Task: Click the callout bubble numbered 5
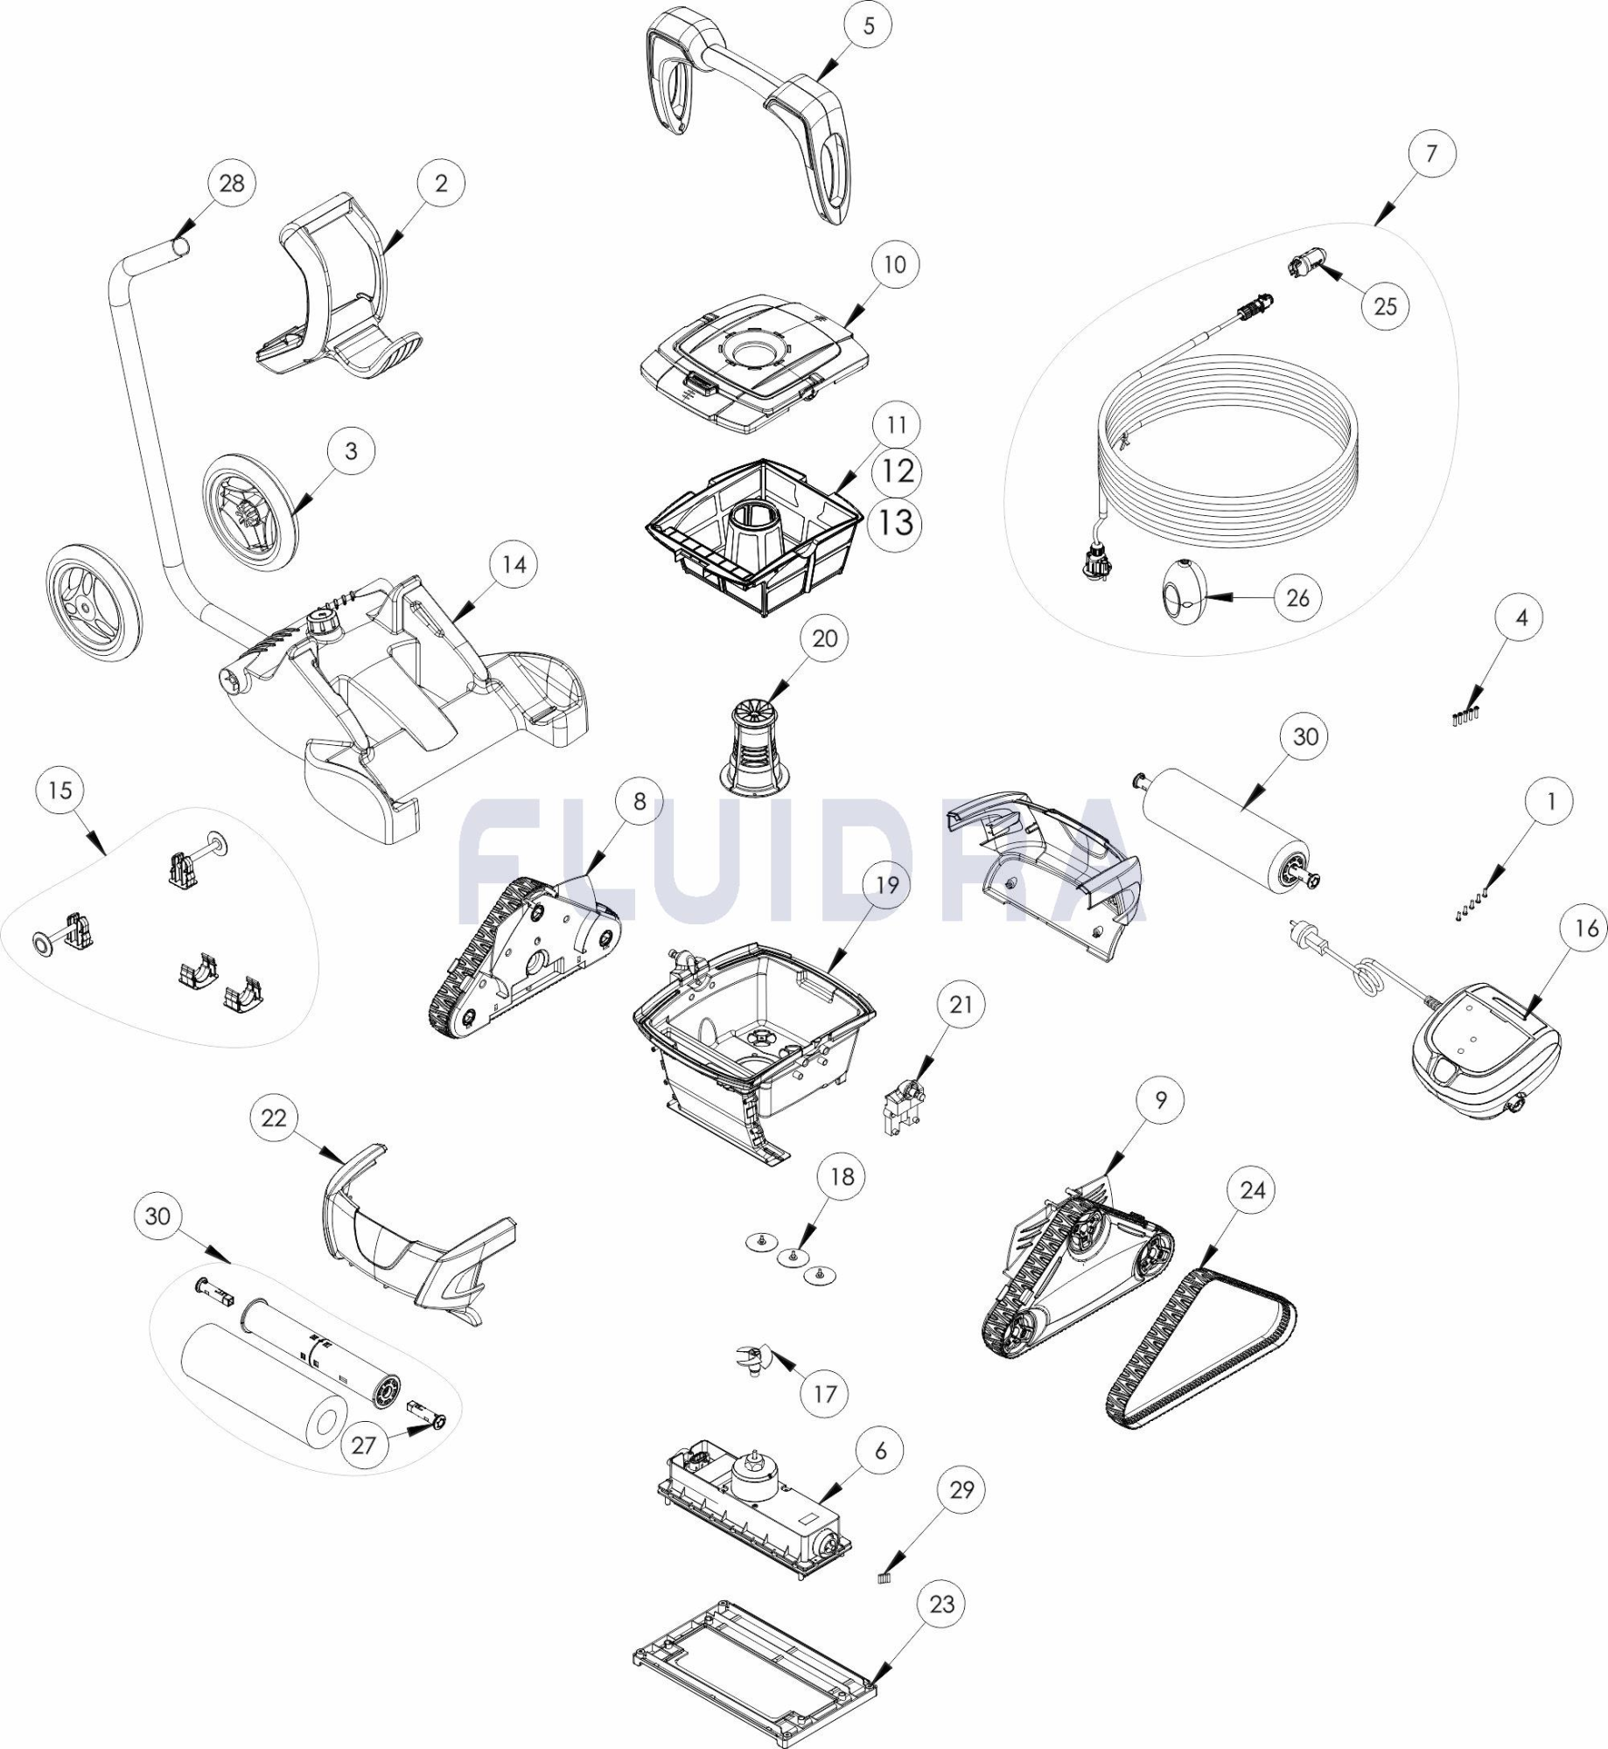868,26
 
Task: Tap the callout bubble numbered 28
232,184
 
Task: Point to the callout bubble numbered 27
364,1446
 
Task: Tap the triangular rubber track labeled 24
1200,1351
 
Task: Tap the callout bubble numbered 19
887,885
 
